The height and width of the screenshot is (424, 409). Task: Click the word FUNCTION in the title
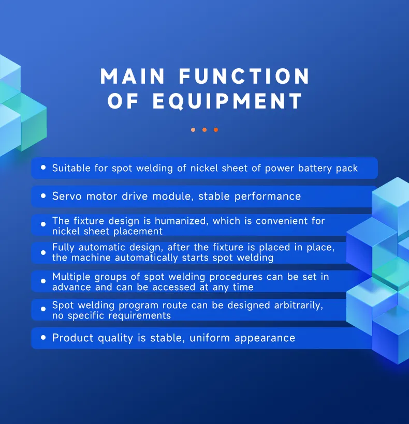click(x=244, y=77)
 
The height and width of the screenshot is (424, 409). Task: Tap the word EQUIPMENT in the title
click(x=227, y=101)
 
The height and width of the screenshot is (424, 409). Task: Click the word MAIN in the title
click(x=133, y=77)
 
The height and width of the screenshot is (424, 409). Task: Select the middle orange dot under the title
click(x=204, y=130)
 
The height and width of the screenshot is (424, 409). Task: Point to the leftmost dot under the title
click(x=193, y=130)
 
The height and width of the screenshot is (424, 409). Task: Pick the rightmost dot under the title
click(x=216, y=130)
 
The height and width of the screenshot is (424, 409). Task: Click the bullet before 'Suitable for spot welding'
click(x=43, y=168)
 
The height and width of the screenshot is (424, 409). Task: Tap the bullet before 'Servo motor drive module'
click(x=43, y=196)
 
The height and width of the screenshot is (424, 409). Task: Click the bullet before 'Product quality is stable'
click(x=43, y=338)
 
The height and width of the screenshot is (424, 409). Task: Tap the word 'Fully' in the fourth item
click(x=64, y=248)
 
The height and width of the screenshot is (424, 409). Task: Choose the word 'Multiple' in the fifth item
click(x=72, y=277)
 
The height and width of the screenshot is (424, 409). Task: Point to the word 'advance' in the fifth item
click(x=71, y=287)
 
